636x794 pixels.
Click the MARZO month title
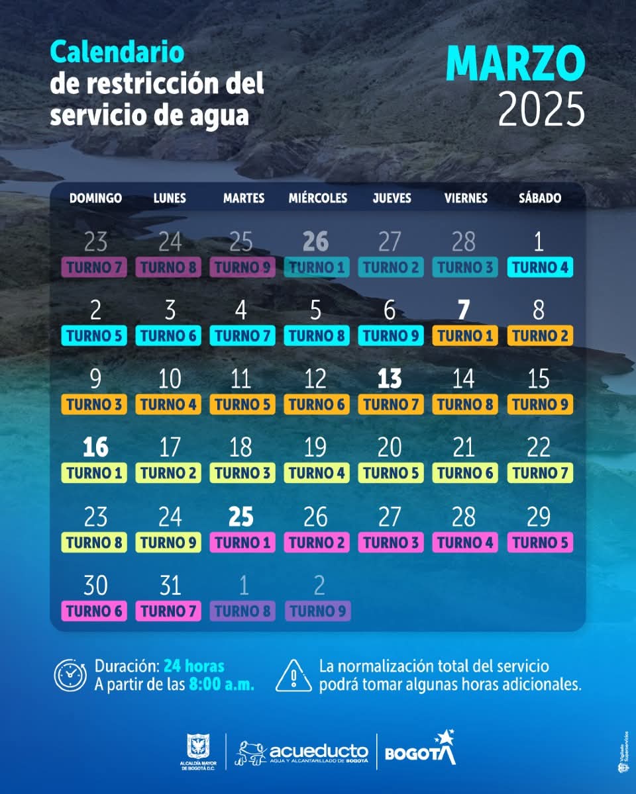[x=515, y=64]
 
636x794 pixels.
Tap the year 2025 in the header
[x=541, y=109]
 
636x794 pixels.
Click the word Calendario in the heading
[x=117, y=52]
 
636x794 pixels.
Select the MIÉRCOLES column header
[x=317, y=198]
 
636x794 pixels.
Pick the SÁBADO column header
[x=540, y=198]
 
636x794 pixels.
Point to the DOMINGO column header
[x=95, y=198]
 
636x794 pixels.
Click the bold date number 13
[x=390, y=379]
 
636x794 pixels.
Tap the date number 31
[x=170, y=586]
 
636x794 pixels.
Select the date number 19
[x=315, y=448]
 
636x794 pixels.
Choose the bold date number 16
[x=95, y=448]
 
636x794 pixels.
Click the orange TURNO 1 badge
[x=465, y=335]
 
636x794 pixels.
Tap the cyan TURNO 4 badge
[x=540, y=267]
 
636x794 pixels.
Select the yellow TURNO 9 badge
[x=168, y=543]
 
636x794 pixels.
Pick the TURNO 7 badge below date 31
[x=168, y=611]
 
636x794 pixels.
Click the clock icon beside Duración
[x=70, y=675]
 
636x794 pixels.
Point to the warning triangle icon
[x=293, y=675]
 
